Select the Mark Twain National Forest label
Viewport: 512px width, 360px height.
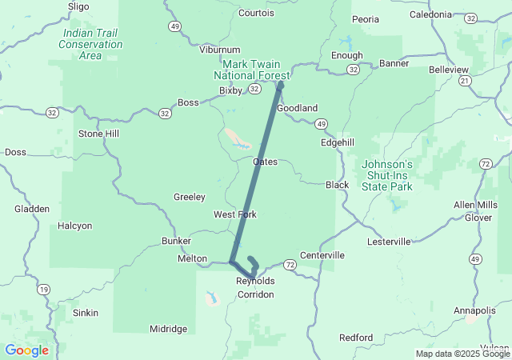250,69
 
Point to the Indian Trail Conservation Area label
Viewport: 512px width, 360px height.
91,45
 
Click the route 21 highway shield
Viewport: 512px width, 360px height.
465,81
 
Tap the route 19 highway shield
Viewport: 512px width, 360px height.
43,289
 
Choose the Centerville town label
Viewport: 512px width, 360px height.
322,255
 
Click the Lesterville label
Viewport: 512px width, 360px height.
388,241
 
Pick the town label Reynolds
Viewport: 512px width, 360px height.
255,282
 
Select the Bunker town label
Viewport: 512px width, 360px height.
176,241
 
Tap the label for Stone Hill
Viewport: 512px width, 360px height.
98,134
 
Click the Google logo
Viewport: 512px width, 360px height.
26,350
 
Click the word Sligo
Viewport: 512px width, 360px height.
78,6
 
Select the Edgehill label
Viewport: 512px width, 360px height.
337,142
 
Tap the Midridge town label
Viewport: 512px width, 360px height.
169,329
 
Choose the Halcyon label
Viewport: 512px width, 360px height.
75,226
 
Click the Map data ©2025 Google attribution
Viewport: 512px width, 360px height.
462,354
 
